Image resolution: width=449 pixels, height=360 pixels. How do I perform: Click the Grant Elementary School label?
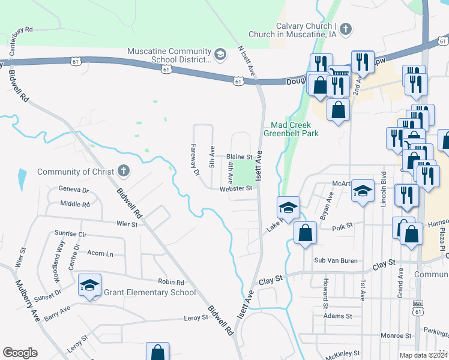pyautogui.click(x=150, y=292)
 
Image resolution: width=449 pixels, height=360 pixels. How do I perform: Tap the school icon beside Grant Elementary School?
pyautogui.click(x=89, y=285)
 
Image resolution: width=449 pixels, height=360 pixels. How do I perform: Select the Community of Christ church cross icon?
pyautogui.click(x=123, y=172)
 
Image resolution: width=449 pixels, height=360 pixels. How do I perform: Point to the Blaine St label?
pyautogui.click(x=238, y=157)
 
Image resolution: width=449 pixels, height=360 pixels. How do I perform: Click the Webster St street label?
pyautogui.click(x=235, y=188)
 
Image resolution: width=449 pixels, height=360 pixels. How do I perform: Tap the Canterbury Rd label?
pyautogui.click(x=29, y=29)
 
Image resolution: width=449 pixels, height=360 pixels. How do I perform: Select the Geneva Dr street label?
pyautogui.click(x=73, y=190)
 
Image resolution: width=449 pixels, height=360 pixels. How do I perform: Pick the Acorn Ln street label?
pyautogui.click(x=100, y=254)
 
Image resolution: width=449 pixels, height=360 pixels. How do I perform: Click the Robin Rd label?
pyautogui.click(x=171, y=282)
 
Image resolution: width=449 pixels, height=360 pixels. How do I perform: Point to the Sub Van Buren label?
pyautogui.click(x=336, y=260)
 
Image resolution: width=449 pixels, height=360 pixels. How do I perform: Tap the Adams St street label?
pyautogui.click(x=336, y=316)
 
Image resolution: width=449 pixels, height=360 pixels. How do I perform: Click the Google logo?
pyautogui.click(x=20, y=353)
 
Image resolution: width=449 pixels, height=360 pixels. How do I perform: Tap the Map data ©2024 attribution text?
pyautogui.click(x=423, y=355)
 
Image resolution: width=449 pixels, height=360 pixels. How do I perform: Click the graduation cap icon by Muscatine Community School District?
pyautogui.click(x=220, y=55)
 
